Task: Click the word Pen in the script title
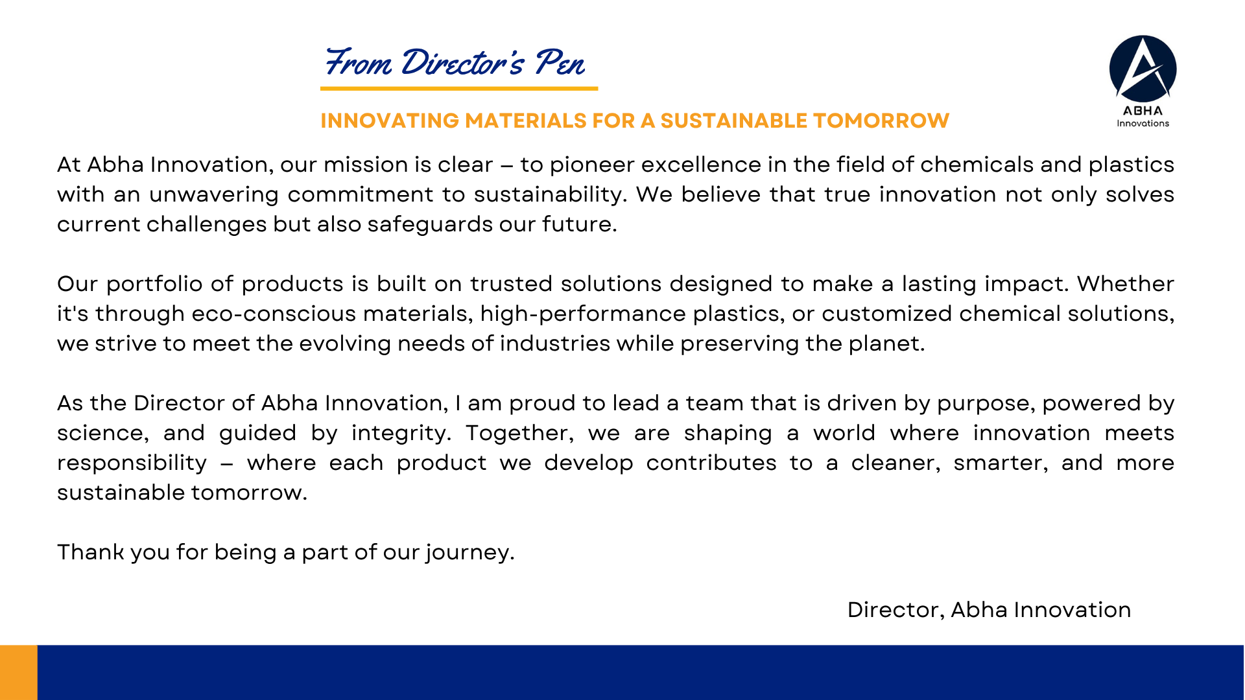[560, 63]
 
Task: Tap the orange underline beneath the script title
[459, 88]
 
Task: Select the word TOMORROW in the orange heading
[881, 121]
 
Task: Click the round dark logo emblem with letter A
[1143, 69]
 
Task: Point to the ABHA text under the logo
[1143, 111]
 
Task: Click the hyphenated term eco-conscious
[274, 314]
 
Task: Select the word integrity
[401, 434]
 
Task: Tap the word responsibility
[132, 463]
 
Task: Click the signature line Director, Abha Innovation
[989, 610]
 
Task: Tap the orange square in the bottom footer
[19, 672]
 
